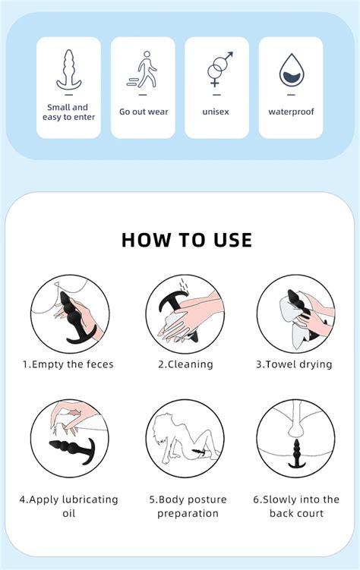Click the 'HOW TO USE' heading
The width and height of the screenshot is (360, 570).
pos(187,240)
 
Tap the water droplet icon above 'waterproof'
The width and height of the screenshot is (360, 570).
pos(292,71)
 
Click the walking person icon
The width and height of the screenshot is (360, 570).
pos(144,70)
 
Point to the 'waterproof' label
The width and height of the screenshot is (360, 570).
pos(292,112)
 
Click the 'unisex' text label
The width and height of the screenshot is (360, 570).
pos(216,112)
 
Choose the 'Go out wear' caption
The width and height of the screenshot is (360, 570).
pos(144,112)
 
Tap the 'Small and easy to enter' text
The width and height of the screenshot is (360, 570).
pos(68,112)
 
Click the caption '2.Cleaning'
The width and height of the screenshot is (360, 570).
pos(185,364)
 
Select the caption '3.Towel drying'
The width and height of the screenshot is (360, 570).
pos(294,364)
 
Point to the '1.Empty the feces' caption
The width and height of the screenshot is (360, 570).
pos(68,364)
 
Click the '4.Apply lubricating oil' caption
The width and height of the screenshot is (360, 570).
pos(69,506)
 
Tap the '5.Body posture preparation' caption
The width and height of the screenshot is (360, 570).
pos(187,506)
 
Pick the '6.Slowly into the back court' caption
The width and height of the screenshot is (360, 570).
pos(296,506)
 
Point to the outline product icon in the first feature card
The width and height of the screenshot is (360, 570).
pos(68,70)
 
